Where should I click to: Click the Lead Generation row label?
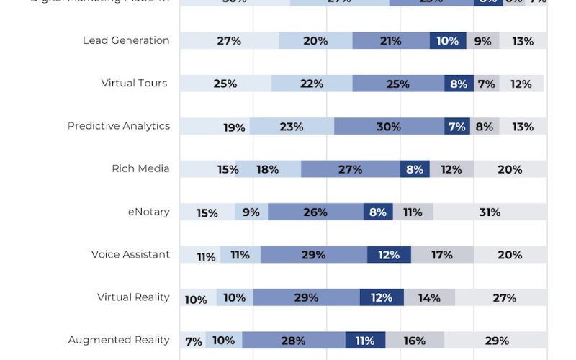coord(126,40)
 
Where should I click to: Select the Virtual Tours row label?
coord(134,83)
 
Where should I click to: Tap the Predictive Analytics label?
coord(119,126)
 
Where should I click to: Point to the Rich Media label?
coord(140,168)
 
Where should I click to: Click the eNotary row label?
coord(148,212)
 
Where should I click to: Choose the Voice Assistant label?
coord(130,254)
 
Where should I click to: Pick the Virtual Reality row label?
coord(133,297)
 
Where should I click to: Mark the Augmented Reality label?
coord(119,340)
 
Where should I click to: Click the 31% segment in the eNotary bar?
coord(490,212)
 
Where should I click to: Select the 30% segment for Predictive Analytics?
coord(389,127)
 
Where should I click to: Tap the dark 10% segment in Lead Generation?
coord(448,41)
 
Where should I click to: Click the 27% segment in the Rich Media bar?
coord(350,169)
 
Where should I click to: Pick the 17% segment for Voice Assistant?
coord(442,255)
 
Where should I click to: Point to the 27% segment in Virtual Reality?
coord(504,297)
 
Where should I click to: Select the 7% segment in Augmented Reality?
coord(192,341)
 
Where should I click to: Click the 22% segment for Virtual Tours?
coord(311,84)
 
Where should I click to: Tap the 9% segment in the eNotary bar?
coord(251,212)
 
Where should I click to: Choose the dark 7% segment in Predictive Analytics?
coord(457,127)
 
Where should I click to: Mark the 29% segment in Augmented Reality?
coord(497,341)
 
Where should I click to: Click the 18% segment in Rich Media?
coord(267,169)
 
